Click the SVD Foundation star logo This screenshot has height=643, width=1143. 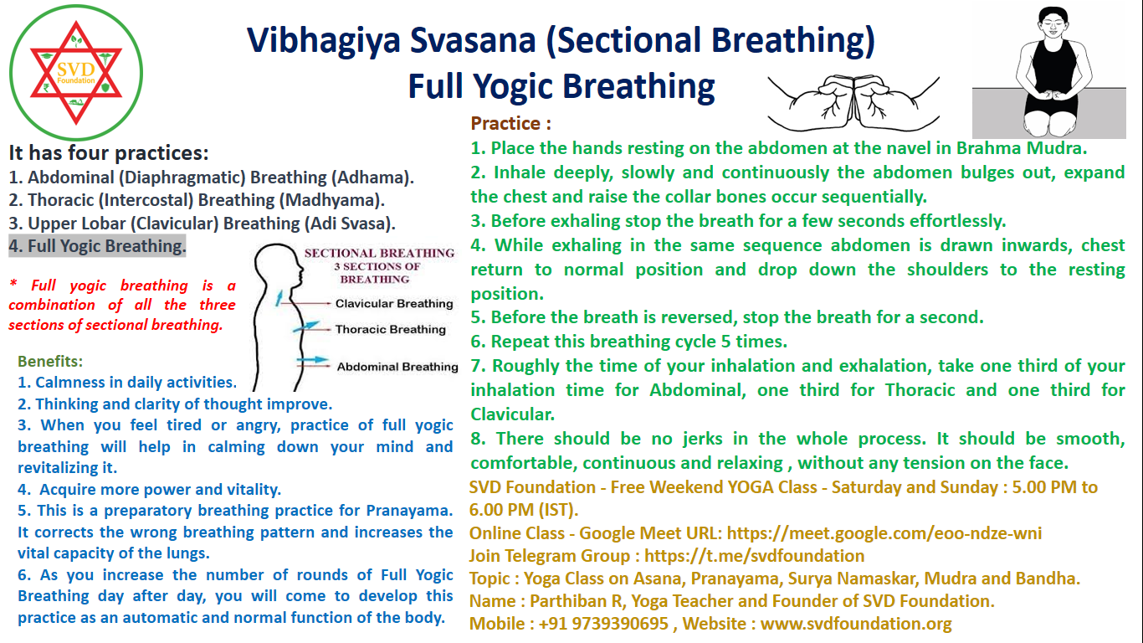click(x=76, y=73)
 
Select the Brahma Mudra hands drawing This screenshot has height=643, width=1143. click(x=853, y=102)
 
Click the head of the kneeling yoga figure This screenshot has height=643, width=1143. click(x=1053, y=23)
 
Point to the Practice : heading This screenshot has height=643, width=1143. click(x=510, y=124)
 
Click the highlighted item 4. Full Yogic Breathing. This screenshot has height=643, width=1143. click(x=97, y=246)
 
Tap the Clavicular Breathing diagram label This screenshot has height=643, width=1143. click(x=394, y=303)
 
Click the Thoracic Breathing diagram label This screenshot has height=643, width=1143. click(x=391, y=329)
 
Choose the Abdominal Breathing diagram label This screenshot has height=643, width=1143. click(x=397, y=367)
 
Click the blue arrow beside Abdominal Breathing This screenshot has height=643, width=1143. click(x=313, y=360)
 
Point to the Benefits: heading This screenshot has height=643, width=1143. click(x=50, y=362)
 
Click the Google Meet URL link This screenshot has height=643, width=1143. click(x=884, y=533)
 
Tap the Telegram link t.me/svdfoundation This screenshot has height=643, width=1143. click(x=754, y=556)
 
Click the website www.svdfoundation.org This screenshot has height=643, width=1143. click(x=856, y=624)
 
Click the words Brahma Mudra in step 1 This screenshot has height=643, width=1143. click(x=1021, y=148)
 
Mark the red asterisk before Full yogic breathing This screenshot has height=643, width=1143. click(x=13, y=284)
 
